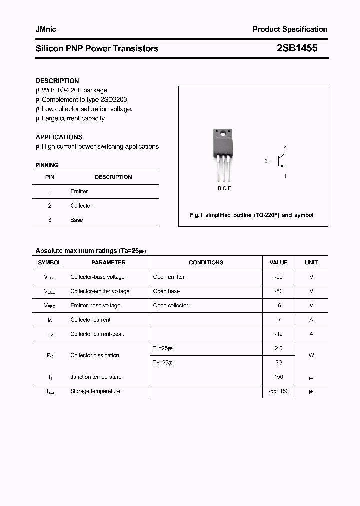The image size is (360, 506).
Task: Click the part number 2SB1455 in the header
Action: [297, 48]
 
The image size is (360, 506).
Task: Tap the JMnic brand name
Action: [46, 29]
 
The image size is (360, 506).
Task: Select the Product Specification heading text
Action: [290, 29]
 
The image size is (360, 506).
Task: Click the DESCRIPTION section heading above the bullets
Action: [57, 81]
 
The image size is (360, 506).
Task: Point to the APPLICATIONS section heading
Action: [59, 137]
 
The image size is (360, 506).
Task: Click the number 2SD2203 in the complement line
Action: [114, 100]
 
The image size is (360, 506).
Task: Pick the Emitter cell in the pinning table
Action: [79, 191]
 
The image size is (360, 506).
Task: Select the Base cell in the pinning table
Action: [77, 220]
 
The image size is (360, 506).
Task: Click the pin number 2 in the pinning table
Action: [50, 206]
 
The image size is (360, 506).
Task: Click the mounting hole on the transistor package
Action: [222, 134]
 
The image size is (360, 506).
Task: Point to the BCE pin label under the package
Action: [224, 189]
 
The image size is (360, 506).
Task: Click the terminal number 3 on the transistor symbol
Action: [267, 161]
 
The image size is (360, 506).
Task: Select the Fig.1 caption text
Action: [252, 215]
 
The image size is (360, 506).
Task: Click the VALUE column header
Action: [278, 262]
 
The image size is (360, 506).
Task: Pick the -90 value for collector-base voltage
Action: [278, 277]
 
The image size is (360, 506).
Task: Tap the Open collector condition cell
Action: [171, 305]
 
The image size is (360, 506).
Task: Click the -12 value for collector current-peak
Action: [278, 334]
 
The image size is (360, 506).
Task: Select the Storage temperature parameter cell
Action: [95, 391]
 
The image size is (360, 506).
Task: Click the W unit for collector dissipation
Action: [311, 356]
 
